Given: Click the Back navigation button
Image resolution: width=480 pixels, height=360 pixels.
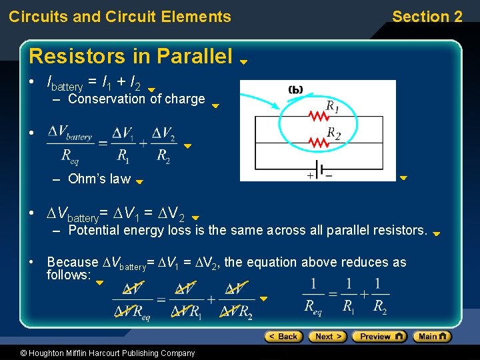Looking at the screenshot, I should [x=283, y=337].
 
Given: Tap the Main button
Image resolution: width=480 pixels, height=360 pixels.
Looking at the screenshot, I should [x=432, y=337].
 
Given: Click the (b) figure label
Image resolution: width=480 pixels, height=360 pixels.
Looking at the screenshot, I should [x=296, y=89].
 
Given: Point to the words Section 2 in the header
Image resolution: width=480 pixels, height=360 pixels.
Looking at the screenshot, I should [x=427, y=17].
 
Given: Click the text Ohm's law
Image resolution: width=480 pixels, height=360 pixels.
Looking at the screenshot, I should [x=99, y=179].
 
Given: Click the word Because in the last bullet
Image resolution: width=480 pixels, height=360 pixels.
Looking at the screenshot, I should [x=72, y=262].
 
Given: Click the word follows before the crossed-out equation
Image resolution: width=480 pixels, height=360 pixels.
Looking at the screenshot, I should [x=68, y=275].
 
